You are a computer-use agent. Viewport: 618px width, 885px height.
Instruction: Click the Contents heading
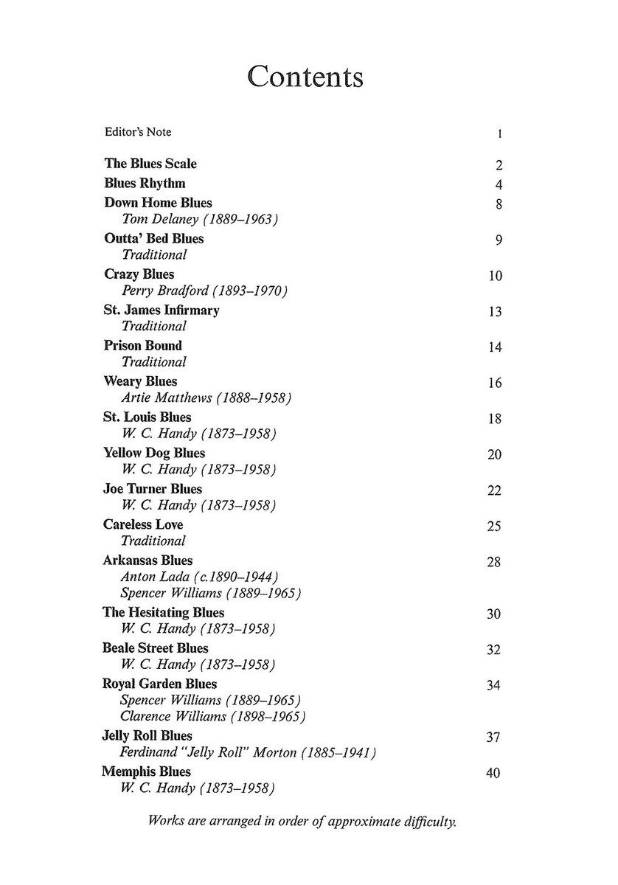coord(305,77)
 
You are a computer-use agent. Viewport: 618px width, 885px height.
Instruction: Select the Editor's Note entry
coord(137,132)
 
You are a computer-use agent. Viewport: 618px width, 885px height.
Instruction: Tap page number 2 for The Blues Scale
coord(499,165)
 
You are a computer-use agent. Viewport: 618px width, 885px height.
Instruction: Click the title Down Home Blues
coord(158,203)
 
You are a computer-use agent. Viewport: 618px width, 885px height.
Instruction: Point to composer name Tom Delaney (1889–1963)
coord(199,219)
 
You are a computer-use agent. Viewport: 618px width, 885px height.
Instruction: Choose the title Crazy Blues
coord(139,274)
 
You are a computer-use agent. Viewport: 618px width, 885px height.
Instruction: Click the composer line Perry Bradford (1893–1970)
coord(204,291)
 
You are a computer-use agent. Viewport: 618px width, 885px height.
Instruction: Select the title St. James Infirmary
coord(162,310)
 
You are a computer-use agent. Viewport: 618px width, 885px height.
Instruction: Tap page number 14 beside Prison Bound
coord(495,347)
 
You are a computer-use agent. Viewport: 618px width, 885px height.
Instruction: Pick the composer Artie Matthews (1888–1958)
coord(206,398)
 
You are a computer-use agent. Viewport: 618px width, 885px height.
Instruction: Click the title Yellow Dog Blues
coord(154,453)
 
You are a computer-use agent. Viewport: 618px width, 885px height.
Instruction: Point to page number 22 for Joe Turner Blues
coord(495,490)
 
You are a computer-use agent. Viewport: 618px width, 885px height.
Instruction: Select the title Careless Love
coord(143,524)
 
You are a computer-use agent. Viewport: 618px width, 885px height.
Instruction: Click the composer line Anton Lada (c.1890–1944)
coord(198,577)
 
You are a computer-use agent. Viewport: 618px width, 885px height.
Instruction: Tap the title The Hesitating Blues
coord(164,613)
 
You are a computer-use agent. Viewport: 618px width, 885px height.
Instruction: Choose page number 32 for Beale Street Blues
coord(495,650)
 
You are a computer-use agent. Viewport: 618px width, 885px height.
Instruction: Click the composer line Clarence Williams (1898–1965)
coord(212,716)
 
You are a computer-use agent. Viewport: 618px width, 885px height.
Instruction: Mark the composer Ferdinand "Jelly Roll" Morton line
coord(248,753)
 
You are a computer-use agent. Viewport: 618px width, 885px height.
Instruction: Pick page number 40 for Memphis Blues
coord(495,774)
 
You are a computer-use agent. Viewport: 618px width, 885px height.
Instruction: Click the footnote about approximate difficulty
coord(303,821)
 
